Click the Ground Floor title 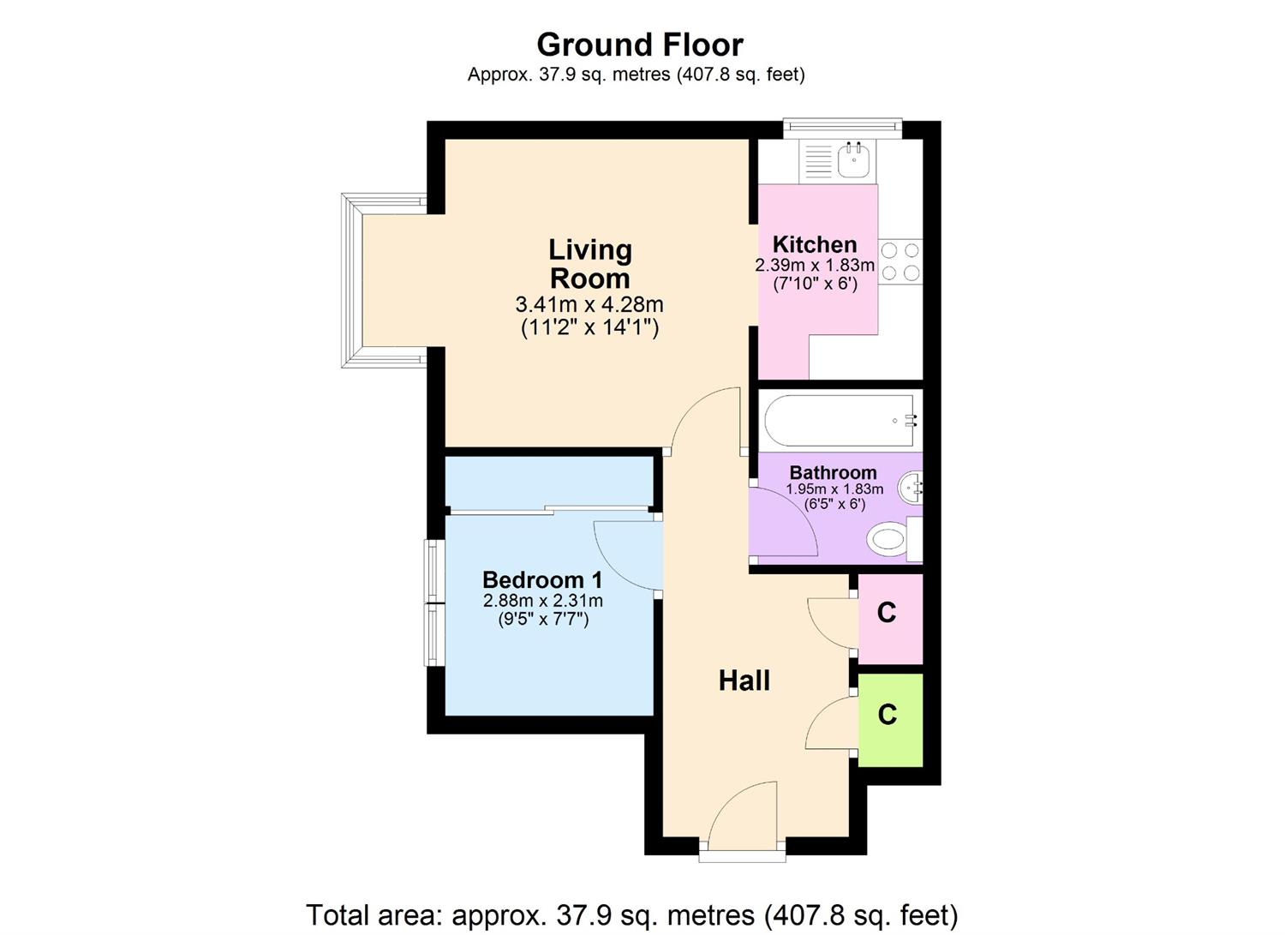640,44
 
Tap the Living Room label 589,264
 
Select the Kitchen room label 814,244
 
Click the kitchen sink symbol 853,159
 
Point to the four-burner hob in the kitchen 900,261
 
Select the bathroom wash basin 910,488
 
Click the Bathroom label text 833,472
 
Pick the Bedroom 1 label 542,579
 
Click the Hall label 744,680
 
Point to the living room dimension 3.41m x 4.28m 589,304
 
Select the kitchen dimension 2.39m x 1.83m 814,265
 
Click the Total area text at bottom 631,914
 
